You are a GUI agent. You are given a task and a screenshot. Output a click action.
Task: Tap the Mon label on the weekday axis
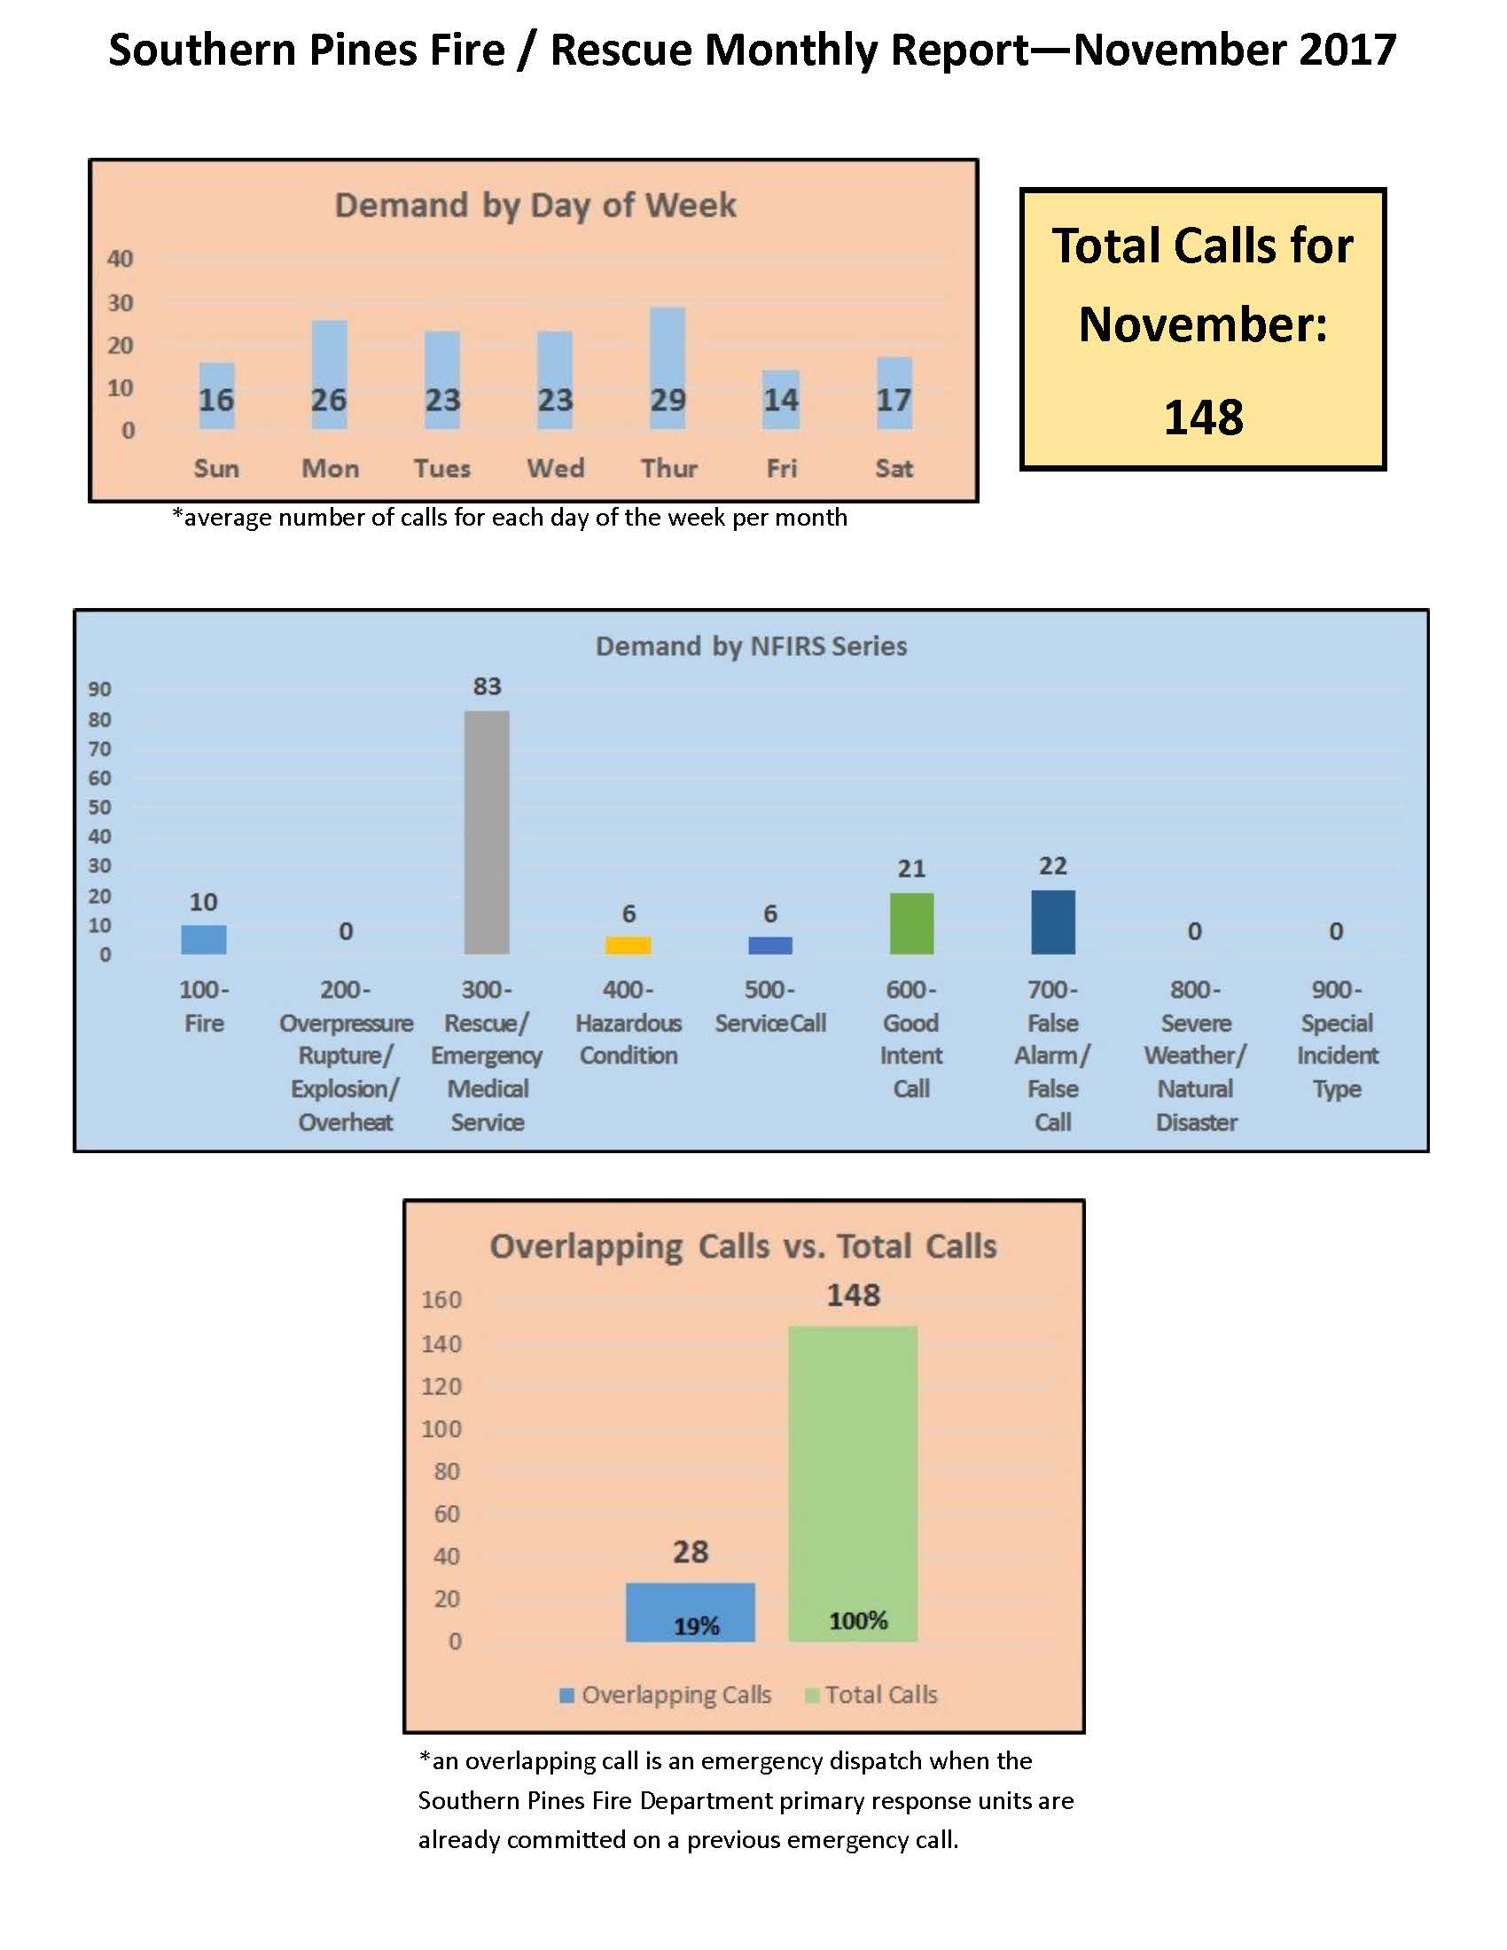(331, 469)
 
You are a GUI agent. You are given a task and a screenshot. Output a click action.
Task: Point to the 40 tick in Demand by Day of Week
(120, 259)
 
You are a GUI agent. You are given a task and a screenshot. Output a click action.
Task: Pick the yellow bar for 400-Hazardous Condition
(628, 945)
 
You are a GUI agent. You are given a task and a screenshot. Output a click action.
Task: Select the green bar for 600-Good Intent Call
(910, 924)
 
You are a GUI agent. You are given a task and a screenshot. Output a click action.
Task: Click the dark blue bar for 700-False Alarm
(1052, 922)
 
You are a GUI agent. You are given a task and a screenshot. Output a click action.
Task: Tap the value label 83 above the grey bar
(487, 687)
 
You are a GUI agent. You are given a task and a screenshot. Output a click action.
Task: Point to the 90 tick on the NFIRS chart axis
(99, 690)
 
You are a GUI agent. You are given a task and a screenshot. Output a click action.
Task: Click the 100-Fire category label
(204, 1006)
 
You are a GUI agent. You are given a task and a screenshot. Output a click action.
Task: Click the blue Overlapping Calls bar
(690, 1611)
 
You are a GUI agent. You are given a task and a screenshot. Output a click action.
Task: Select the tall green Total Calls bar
(853, 1483)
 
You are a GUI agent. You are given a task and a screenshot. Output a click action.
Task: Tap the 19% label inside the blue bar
(697, 1626)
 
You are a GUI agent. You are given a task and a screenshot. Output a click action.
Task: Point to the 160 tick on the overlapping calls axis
(442, 1299)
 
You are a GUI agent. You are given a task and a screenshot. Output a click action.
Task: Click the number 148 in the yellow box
(1203, 417)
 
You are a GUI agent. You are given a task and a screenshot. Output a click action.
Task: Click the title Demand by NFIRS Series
(751, 646)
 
